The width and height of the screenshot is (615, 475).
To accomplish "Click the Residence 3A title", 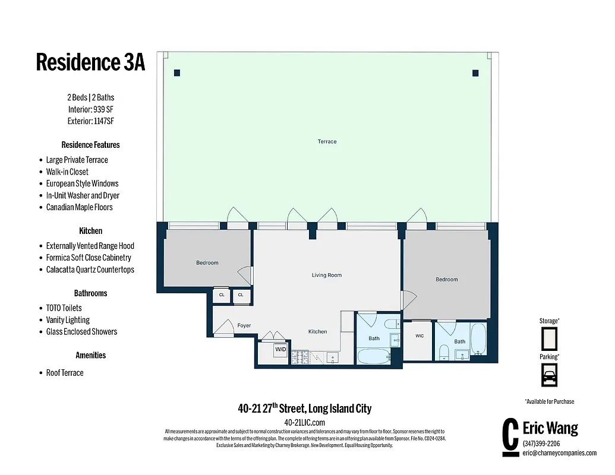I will click(x=90, y=62).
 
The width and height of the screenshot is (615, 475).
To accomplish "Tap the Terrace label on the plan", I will click(x=327, y=141).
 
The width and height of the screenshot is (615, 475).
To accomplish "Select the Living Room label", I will click(x=327, y=275).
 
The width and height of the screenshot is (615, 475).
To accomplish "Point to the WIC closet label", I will click(x=420, y=336).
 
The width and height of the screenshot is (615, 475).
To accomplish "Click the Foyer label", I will click(x=244, y=325).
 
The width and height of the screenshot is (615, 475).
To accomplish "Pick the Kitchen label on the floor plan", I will click(x=317, y=331).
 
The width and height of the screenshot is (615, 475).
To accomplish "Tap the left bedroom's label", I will click(x=207, y=262).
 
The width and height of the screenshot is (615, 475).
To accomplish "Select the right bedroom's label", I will click(x=446, y=279).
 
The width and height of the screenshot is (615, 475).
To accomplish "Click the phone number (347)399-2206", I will click(x=541, y=444).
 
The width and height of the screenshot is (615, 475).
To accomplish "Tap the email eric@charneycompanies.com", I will click(x=559, y=453).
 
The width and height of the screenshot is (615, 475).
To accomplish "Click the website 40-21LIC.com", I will click(x=305, y=422).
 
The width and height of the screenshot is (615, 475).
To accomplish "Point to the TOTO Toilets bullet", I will click(x=64, y=308).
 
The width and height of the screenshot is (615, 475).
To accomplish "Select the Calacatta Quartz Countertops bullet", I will click(x=90, y=270).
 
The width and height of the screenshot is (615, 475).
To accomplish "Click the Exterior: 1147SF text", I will click(x=90, y=121).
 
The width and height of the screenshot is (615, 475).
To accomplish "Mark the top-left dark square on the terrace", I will click(x=176, y=73).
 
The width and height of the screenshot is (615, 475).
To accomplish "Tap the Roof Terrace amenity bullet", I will click(x=65, y=373).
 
